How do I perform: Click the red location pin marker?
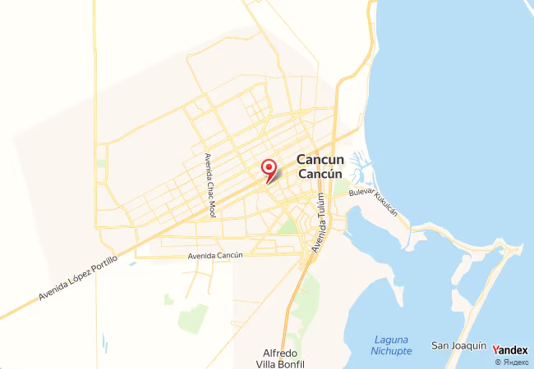268,169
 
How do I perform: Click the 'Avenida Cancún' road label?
216,256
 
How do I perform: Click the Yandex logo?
510,350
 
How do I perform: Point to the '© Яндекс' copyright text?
512,362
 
